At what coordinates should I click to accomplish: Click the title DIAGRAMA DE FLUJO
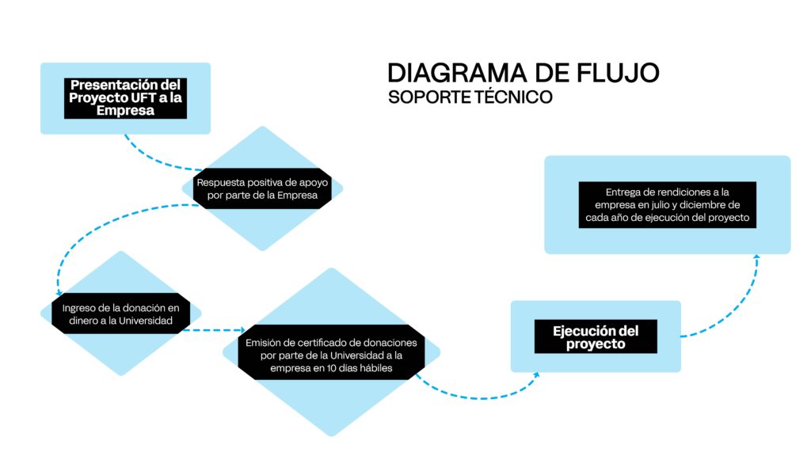[x=523, y=73]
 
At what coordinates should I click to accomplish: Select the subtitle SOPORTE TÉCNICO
[x=470, y=97]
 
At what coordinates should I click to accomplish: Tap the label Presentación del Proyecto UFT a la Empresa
[x=125, y=98]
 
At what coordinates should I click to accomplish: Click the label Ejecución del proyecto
[x=596, y=337]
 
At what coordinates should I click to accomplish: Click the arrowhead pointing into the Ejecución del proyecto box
[x=536, y=375]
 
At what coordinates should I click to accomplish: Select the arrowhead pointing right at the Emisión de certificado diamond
[x=242, y=329]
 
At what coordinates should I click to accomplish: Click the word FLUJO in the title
[x=619, y=73]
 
